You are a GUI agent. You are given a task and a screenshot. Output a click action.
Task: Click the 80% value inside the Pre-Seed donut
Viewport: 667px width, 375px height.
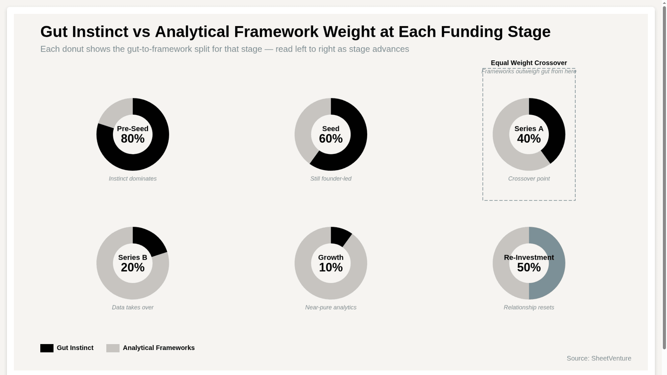(x=133, y=139)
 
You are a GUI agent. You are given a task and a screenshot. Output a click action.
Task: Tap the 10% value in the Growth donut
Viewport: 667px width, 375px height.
(x=331, y=268)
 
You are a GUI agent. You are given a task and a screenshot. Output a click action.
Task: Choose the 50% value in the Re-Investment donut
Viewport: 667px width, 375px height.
(x=529, y=268)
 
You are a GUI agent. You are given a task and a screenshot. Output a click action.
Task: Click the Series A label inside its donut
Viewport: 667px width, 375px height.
(x=529, y=129)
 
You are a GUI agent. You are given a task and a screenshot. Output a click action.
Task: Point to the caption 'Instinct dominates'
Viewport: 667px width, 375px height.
(x=133, y=179)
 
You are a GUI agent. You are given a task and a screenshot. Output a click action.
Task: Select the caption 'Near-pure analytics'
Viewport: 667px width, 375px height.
(x=331, y=308)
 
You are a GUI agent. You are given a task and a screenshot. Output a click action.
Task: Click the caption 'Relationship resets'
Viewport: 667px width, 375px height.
(x=529, y=308)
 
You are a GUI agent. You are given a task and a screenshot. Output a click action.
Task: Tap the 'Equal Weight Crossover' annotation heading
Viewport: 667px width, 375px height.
(x=529, y=63)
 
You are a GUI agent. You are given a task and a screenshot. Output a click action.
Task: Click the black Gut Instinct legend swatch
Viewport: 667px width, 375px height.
(x=47, y=348)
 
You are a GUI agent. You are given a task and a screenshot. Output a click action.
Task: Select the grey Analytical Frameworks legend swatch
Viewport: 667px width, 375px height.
(x=113, y=348)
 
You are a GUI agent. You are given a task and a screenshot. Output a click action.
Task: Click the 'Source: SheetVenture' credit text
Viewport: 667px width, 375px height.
(x=599, y=358)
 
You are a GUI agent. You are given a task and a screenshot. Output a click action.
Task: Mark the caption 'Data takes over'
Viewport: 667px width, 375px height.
(x=133, y=308)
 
